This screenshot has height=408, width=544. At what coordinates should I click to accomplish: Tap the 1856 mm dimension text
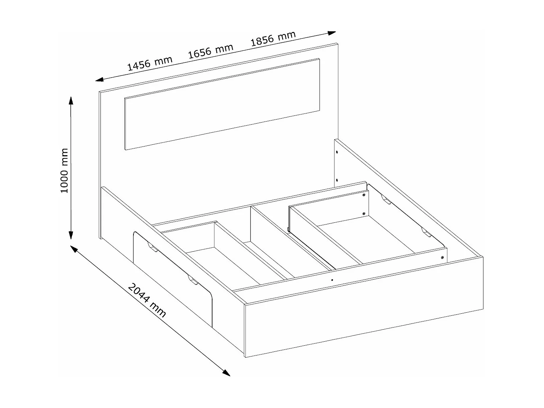[273, 38]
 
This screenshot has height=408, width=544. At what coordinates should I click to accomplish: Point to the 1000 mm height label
[64, 170]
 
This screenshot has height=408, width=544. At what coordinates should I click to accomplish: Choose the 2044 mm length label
[147, 300]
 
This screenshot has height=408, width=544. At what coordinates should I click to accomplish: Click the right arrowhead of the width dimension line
[332, 33]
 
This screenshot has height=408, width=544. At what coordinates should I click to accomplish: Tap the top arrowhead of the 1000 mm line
[71, 101]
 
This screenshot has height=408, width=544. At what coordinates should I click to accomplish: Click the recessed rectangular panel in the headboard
[222, 104]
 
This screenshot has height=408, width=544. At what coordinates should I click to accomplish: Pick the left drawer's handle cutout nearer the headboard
[153, 248]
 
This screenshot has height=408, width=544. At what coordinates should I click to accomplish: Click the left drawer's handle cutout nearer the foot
[193, 280]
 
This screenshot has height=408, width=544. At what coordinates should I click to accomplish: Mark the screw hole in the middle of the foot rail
[332, 280]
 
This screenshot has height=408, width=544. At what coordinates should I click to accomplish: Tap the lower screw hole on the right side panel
[337, 180]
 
